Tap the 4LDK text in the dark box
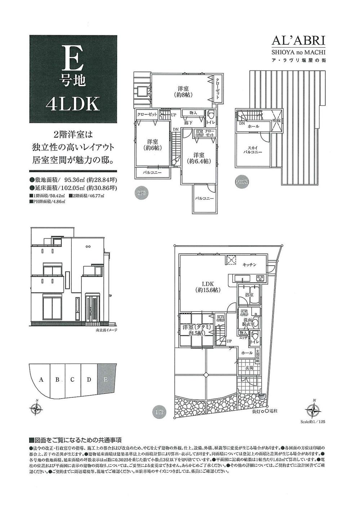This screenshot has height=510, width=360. pyautogui.click(x=73, y=104)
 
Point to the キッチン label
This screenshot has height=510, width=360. pyautogui.click(x=249, y=265)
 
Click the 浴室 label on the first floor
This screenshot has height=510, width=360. pyautogui.click(x=249, y=295)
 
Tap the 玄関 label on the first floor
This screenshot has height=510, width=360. pyautogui.click(x=250, y=368)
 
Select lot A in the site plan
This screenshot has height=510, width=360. pyautogui.click(x=41, y=380)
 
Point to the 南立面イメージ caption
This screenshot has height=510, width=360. pyautogui.click(x=107, y=330)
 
